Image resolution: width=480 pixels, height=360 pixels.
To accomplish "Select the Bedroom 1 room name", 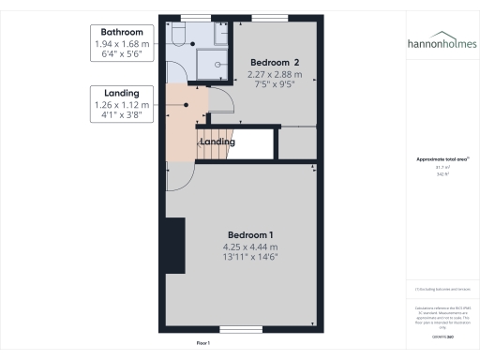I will pos(251,233).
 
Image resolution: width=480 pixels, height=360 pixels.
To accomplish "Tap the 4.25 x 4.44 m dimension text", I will pos(251,246).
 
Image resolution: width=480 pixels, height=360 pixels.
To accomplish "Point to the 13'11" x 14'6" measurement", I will pos(251,257).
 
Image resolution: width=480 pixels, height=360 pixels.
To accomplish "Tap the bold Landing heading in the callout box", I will pos(117,93).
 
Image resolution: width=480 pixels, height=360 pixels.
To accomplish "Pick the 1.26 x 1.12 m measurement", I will pos(117,105).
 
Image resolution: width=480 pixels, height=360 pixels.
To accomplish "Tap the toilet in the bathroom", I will pos(179,36).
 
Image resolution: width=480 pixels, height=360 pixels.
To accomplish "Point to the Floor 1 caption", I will pos(202,344).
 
